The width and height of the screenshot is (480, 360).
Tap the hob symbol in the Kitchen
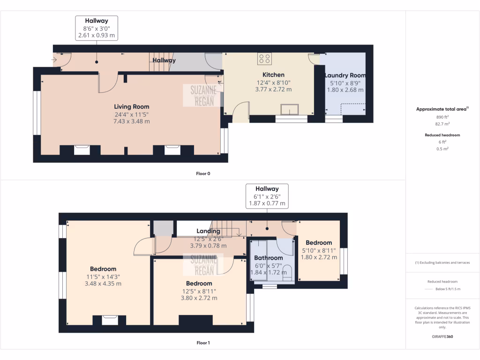click(x=264, y=59)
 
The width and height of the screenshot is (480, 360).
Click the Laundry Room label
click(x=345, y=75)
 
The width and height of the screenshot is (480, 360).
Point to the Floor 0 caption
click(x=203, y=173)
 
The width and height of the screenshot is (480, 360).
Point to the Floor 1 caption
click(x=203, y=343)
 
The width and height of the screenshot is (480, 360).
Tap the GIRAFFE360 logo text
click(x=442, y=337)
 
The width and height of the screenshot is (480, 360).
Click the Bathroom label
click(x=268, y=258)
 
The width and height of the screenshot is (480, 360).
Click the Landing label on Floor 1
click(x=208, y=231)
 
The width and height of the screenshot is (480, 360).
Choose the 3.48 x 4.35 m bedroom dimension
click(x=103, y=284)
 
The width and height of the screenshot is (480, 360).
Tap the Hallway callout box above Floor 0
click(x=97, y=28)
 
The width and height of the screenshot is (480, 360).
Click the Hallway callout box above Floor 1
click(x=267, y=196)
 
